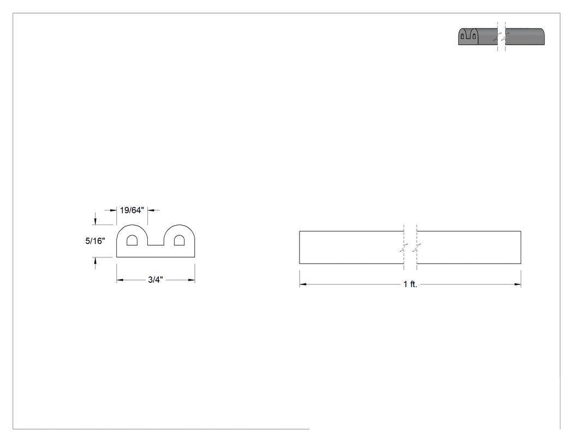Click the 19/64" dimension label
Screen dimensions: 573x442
point(132,210)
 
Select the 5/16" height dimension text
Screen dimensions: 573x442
point(95,241)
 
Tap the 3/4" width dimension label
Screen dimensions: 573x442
point(156,280)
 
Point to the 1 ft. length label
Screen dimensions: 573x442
point(410,284)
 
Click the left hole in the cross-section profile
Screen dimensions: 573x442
point(132,240)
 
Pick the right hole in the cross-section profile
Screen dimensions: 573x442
point(179,240)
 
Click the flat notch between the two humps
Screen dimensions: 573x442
point(156,245)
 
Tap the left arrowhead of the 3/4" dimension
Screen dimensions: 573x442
point(120,280)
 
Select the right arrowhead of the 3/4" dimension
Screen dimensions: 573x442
point(192,280)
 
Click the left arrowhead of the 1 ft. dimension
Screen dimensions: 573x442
point(303,284)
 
